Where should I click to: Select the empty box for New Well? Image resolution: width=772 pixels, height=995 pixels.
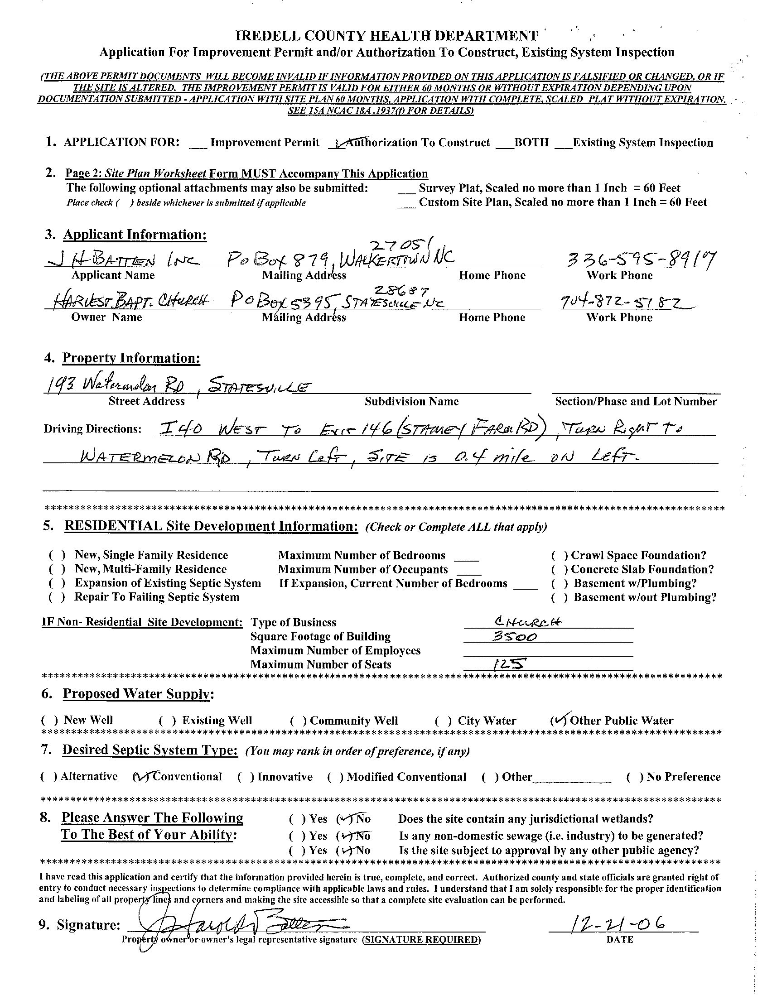(x=49, y=720)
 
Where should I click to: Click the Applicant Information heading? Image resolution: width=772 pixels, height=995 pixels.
(x=135, y=235)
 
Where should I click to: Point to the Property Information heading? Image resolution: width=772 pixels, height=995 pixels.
(x=131, y=358)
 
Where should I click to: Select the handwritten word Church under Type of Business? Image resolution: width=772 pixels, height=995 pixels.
(x=528, y=622)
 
